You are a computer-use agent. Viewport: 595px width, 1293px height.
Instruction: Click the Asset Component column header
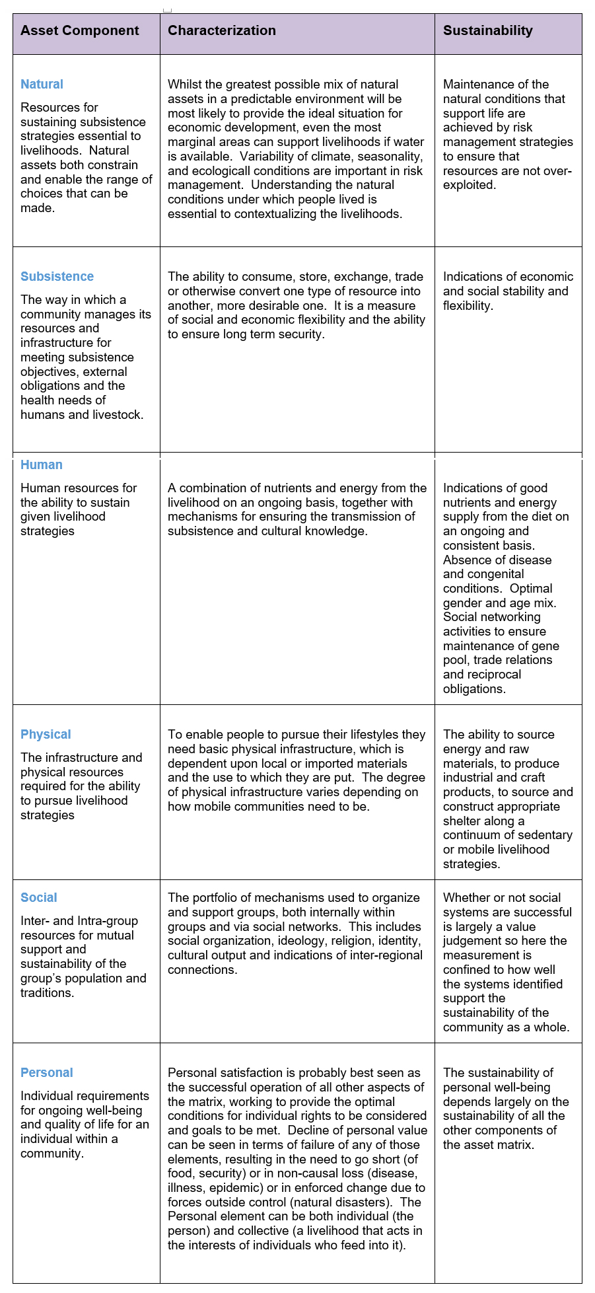click(80, 30)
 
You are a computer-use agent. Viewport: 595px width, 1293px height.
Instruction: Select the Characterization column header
click(222, 30)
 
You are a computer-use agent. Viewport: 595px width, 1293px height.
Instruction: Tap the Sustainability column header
click(488, 30)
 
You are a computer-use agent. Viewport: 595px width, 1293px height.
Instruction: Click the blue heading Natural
click(42, 84)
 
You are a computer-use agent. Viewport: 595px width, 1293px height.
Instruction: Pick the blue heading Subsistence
click(57, 276)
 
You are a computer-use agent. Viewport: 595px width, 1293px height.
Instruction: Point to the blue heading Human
click(42, 464)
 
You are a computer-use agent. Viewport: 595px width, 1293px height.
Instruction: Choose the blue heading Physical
click(46, 734)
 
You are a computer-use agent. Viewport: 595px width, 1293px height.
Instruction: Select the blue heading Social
click(39, 897)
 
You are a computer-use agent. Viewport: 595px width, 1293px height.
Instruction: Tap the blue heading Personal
click(47, 1072)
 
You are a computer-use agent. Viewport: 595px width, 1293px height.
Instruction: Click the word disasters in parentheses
click(362, 1202)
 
